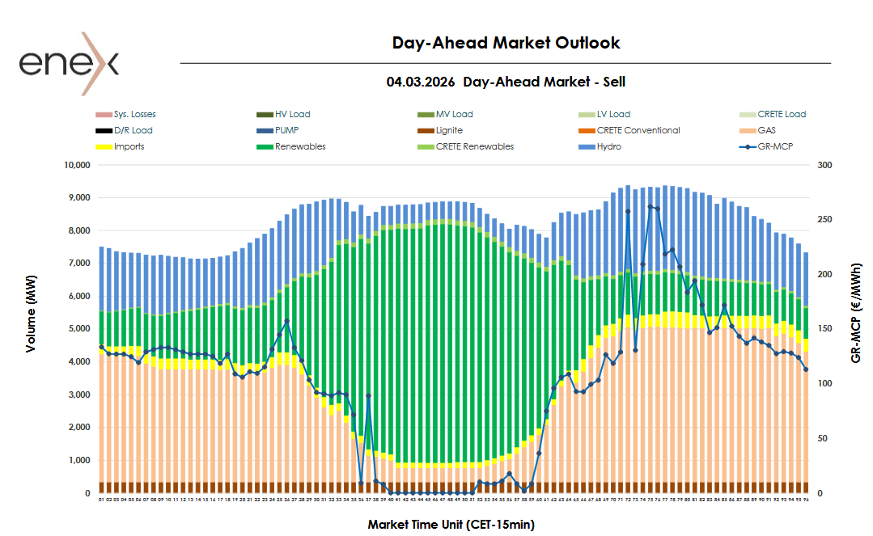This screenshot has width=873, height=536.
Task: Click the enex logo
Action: (70, 63)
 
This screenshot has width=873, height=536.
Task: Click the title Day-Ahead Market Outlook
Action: (506, 43)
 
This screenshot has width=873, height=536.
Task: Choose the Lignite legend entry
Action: (449, 130)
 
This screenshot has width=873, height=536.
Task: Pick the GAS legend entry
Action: (766, 130)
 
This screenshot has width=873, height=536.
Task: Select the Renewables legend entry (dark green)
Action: (300, 146)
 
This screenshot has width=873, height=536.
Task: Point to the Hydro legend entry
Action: (610, 146)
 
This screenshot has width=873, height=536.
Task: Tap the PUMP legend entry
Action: (288, 130)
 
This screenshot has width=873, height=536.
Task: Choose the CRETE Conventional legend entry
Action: (638, 130)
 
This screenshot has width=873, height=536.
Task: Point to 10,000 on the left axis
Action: (75, 165)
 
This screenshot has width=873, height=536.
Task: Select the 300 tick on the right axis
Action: (824, 165)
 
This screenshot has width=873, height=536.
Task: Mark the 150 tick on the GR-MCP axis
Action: (824, 329)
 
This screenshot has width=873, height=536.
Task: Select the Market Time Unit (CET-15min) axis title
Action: (451, 525)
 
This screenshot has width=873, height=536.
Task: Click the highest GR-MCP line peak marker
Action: (651, 207)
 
